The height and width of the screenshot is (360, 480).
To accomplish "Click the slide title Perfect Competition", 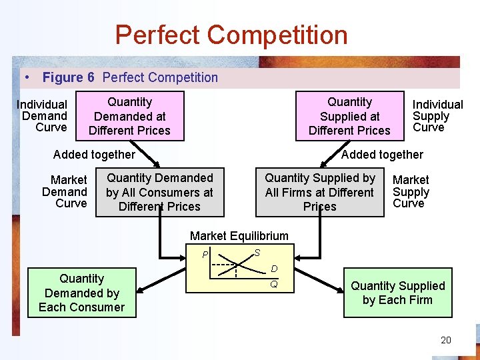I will click(x=231, y=35).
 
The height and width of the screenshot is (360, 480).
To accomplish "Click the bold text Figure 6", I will click(x=68, y=77).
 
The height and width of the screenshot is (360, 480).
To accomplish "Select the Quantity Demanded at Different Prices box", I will click(x=130, y=116).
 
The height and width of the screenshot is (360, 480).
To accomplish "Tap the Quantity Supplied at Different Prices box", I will click(x=349, y=116).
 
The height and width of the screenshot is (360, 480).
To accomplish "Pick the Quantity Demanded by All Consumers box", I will click(x=160, y=192).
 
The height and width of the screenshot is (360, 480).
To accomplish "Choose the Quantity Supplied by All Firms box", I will click(x=319, y=192).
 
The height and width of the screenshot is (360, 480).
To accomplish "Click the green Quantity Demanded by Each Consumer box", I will click(x=81, y=293).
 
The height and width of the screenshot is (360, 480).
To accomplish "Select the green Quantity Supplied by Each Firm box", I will click(x=397, y=293).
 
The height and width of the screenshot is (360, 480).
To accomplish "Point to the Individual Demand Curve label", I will click(x=43, y=116).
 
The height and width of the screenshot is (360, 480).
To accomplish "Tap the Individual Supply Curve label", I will click(x=437, y=116).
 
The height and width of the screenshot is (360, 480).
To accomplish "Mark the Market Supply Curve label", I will click(x=411, y=191).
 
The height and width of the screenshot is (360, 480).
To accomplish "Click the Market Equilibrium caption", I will click(x=239, y=235).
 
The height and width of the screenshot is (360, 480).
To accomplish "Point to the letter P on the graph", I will click(x=206, y=254).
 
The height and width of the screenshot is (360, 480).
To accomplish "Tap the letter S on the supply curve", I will click(x=257, y=252).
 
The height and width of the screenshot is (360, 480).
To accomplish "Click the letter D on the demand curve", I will click(x=274, y=269).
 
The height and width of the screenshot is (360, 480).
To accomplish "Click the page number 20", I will click(x=446, y=340).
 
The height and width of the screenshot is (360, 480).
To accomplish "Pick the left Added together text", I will click(x=94, y=155).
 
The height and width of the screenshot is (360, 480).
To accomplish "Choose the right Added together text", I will click(x=382, y=155).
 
